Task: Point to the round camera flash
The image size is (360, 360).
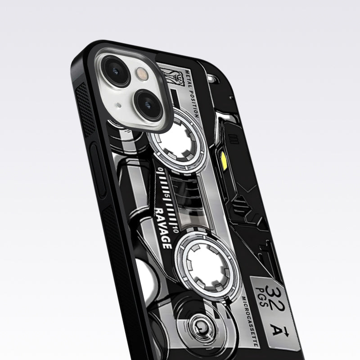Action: pyautogui.click(x=142, y=74)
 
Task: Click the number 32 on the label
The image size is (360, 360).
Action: pyautogui.click(x=274, y=293)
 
